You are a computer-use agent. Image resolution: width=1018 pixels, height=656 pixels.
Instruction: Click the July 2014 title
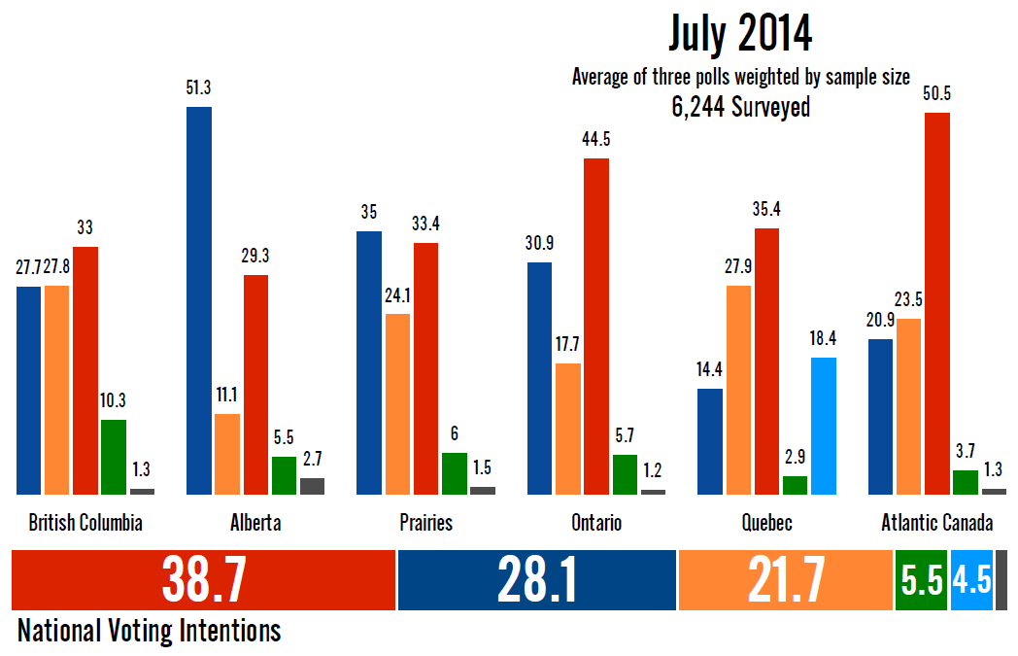pyautogui.click(x=740, y=35)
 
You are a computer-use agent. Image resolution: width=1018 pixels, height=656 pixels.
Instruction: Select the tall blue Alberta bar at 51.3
pyautogui.click(x=199, y=300)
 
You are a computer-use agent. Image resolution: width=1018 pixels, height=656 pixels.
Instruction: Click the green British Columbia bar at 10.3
pyautogui.click(x=114, y=457)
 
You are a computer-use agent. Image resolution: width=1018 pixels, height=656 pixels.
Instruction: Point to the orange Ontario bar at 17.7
pyautogui.click(x=568, y=429)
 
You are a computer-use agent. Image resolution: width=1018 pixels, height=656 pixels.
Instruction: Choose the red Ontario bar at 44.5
pyautogui.click(x=596, y=326)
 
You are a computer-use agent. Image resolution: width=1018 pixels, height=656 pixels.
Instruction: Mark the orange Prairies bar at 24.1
pyautogui.click(x=398, y=404)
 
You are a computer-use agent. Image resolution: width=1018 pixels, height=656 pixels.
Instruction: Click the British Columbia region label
pyautogui.click(x=85, y=523)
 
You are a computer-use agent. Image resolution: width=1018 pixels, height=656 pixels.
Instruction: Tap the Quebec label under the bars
pyautogui.click(x=766, y=523)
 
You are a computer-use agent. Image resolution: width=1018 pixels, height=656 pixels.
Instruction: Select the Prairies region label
pyautogui.click(x=425, y=523)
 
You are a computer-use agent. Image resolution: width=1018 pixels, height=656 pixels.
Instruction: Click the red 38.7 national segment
pyautogui.click(x=203, y=581)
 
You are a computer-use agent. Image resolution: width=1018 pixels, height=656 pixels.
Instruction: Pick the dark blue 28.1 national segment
pyautogui.click(x=537, y=581)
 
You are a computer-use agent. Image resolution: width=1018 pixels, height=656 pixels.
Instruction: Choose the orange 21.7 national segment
pyautogui.click(x=785, y=581)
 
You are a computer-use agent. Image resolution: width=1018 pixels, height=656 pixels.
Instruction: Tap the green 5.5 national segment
pyautogui.click(x=921, y=581)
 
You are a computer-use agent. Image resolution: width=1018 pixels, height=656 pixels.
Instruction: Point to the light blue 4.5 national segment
pyautogui.click(x=971, y=581)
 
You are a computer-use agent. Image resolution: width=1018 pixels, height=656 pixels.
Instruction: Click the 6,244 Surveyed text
pyautogui.click(x=740, y=107)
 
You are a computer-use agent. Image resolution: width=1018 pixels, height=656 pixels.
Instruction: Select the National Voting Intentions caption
pyautogui.click(x=150, y=631)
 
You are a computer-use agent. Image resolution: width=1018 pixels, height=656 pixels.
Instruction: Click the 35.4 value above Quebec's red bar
pyautogui.click(x=766, y=209)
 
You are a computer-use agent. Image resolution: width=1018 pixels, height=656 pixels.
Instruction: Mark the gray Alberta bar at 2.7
pyautogui.click(x=313, y=486)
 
